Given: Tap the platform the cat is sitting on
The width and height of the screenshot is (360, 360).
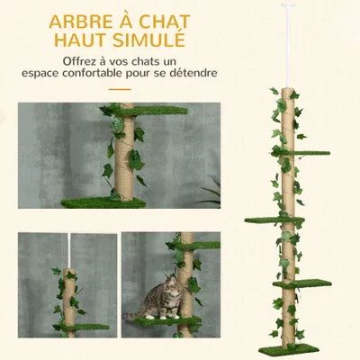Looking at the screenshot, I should point(171,319).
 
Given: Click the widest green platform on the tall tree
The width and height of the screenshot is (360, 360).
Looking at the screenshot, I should point(273,219).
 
